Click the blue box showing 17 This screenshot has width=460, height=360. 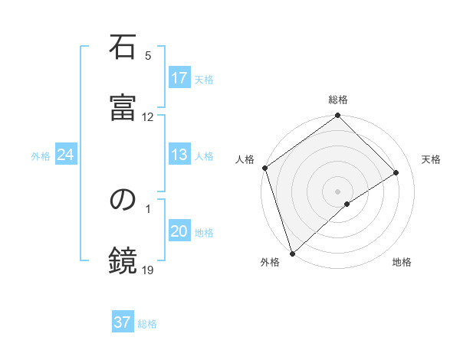[x=179, y=78]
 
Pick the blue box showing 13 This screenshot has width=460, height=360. [x=179, y=155]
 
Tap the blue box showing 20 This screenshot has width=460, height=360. [x=179, y=231]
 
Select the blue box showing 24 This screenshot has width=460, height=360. [x=66, y=155]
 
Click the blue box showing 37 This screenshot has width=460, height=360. [x=123, y=322]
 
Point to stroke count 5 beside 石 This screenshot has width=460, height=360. [x=148, y=56]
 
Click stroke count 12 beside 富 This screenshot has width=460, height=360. [x=148, y=117]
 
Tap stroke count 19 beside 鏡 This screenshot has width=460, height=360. [x=148, y=270]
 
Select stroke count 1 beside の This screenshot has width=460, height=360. [x=148, y=208]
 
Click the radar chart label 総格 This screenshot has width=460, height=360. [x=338, y=100]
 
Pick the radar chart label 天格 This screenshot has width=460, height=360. [x=432, y=159]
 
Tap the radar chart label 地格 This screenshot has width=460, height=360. [x=402, y=263]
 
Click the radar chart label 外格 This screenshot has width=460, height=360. [x=269, y=263]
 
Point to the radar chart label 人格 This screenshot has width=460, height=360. [x=245, y=159]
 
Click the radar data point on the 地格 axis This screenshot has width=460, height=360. [x=347, y=204]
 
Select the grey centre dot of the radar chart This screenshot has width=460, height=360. [x=338, y=191]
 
